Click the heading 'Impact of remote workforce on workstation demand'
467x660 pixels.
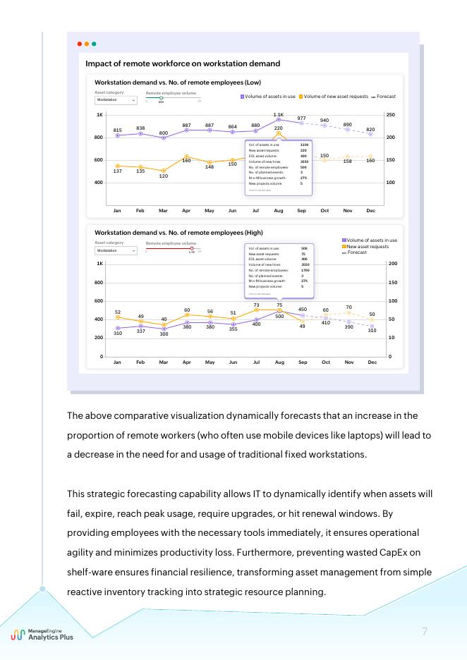pyautogui.click(x=183, y=63)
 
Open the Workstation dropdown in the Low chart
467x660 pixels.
pyautogui.click(x=116, y=100)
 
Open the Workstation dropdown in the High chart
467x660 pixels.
pyautogui.click(x=116, y=250)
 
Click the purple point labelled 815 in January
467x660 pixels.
pyautogui.click(x=117, y=135)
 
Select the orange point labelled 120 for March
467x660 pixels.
pyautogui.click(x=164, y=170)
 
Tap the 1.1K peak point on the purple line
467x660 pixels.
pyautogui.click(x=279, y=120)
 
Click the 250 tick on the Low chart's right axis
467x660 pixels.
pyautogui.click(x=390, y=114)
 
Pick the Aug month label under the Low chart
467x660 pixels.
pyautogui.click(x=279, y=211)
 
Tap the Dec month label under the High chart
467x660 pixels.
pyautogui.click(x=372, y=362)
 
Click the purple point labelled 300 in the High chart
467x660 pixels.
pyautogui.click(x=164, y=329)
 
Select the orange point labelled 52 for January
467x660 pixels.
pyautogui.click(x=117, y=317)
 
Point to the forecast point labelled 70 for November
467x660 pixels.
pyautogui.click(x=348, y=312)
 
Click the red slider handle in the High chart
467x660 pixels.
pyautogui.click(x=191, y=248)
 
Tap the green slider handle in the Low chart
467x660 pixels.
pyautogui.click(x=161, y=98)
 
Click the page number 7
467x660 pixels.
pyautogui.click(x=425, y=631)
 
